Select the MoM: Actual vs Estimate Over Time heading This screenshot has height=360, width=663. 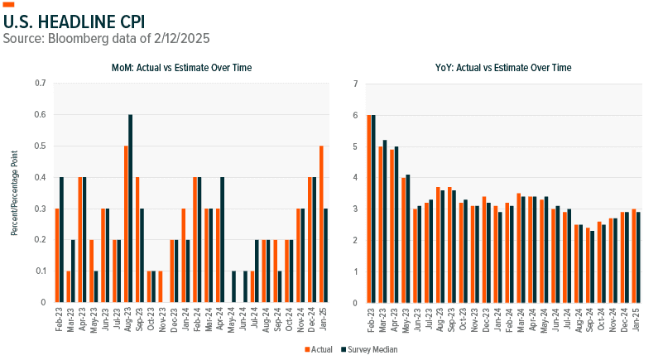[182, 67]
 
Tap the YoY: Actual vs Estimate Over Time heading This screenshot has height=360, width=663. [504, 67]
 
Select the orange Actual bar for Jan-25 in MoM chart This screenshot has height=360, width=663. [321, 224]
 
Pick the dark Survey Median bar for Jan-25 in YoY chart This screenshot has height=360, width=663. [638, 257]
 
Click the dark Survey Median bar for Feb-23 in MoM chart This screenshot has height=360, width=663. [61, 240]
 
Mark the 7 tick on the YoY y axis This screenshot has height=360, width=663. [355, 84]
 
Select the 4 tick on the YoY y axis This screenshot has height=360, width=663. [355, 177]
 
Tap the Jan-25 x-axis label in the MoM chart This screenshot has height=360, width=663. [324, 319]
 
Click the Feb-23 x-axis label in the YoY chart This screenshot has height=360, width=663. [371, 319]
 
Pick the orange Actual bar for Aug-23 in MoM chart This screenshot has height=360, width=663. [126, 224]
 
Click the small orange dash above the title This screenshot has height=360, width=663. [9, 4]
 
